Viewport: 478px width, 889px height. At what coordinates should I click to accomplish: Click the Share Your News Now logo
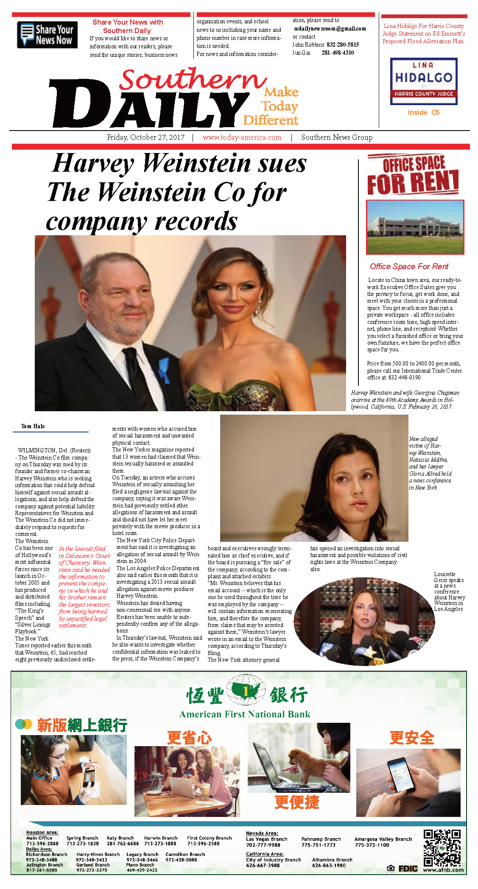tap(47, 35)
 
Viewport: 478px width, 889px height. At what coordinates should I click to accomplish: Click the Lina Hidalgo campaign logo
tap(423, 81)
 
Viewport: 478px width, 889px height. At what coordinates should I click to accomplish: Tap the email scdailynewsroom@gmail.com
tap(330, 29)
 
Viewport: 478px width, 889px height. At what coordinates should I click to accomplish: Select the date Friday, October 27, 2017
tap(145, 137)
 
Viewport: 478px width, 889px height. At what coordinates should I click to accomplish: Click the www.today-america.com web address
tap(242, 137)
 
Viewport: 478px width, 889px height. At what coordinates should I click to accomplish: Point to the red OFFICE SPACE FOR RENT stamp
tap(413, 175)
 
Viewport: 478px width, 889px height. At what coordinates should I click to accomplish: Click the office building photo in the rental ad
tap(415, 227)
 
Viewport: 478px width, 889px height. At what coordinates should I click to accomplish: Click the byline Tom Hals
tap(33, 426)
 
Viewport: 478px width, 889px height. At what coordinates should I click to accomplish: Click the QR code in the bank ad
tap(442, 848)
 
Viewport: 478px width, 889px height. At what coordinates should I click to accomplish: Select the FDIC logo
tap(408, 869)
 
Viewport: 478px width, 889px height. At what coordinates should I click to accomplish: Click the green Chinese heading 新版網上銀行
tap(82, 725)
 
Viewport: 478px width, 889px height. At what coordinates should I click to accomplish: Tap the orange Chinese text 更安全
tap(411, 738)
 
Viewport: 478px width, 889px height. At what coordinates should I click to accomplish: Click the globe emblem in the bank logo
tap(246, 692)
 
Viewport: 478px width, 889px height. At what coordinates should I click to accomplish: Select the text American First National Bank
tap(245, 714)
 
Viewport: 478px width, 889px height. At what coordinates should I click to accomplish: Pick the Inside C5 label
tap(423, 112)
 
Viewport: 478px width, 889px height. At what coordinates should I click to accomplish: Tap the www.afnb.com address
tap(443, 870)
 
